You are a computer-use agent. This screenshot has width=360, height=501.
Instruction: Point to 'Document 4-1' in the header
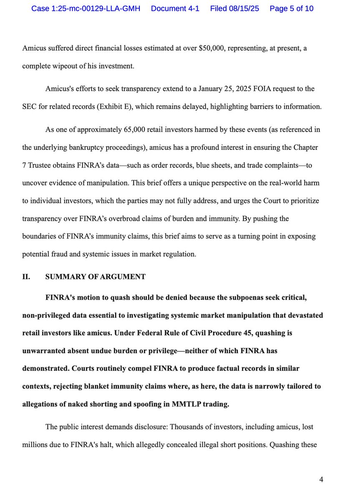174,8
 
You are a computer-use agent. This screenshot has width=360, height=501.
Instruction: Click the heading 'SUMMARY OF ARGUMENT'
96,276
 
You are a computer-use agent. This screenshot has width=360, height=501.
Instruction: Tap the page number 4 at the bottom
321,479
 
